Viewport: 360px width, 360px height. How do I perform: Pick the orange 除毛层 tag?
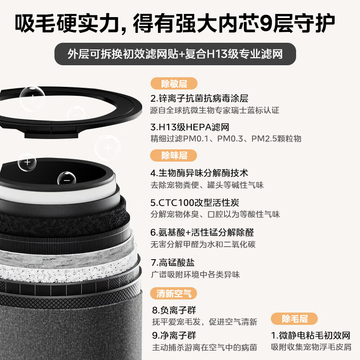tap(294, 319)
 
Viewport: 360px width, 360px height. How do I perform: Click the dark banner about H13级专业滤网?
tap(175, 54)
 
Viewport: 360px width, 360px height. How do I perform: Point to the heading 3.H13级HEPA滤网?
tap(190, 127)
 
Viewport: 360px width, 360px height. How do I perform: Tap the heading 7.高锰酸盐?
tap(173, 262)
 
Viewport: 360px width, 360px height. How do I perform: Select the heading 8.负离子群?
tap(174, 310)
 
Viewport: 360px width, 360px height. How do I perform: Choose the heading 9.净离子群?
tap(174, 336)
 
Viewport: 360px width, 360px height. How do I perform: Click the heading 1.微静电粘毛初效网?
tap(310, 336)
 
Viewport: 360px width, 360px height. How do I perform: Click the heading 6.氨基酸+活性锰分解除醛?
tap(202, 233)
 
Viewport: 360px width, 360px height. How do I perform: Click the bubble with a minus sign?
tap(67, 178)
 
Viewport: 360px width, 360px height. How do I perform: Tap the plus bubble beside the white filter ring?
tap(27, 162)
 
